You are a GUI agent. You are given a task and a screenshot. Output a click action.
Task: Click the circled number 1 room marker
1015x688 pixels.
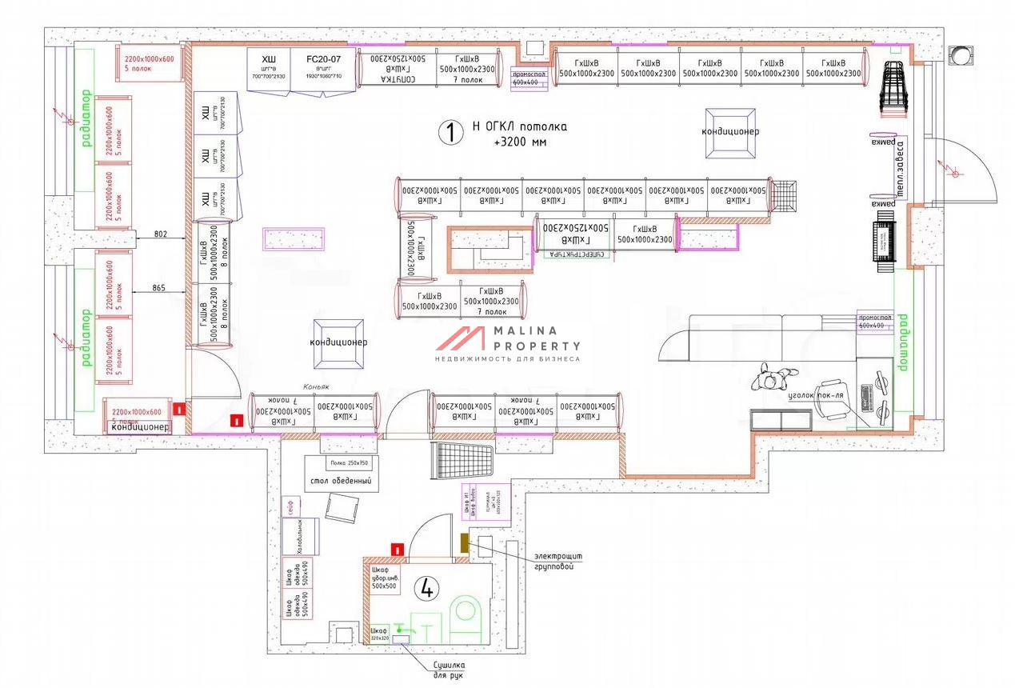[450, 133]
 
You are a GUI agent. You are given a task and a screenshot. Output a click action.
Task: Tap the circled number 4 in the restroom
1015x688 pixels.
[426, 589]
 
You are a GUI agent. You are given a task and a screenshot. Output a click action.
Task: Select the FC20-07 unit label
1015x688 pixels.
[323, 59]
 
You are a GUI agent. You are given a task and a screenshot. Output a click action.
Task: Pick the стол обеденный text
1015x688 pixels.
[340, 481]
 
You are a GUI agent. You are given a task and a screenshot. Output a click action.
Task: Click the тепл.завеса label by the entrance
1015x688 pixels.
[899, 168]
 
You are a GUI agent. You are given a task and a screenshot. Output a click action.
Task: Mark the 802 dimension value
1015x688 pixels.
[162, 234]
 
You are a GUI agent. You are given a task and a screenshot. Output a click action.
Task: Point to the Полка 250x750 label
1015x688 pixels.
[350, 463]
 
